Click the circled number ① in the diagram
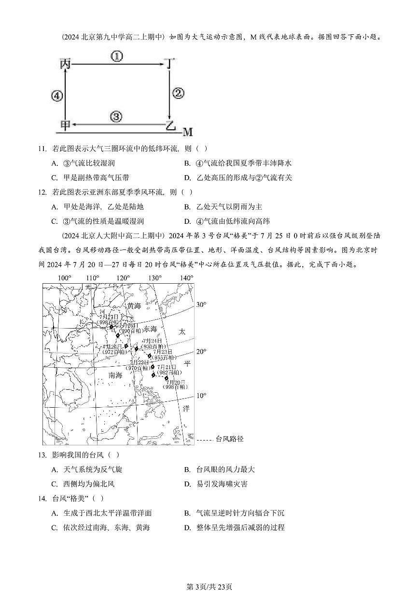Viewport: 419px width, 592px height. (117, 57)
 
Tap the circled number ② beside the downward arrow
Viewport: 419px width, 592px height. (178, 94)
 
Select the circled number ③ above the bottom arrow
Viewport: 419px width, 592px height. (116, 116)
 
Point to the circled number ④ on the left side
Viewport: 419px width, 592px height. (57, 96)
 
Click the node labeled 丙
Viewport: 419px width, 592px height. (65, 63)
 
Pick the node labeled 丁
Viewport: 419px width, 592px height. (168, 64)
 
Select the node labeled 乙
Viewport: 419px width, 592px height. (170, 126)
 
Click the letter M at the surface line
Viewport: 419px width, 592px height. (187, 132)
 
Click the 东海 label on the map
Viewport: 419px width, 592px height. (150, 329)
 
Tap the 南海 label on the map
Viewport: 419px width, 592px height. (115, 375)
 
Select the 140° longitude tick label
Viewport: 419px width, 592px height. (186, 278)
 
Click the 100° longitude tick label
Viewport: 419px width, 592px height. (64, 278)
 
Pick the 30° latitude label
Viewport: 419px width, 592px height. (201, 304)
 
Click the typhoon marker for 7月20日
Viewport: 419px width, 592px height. (167, 378)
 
